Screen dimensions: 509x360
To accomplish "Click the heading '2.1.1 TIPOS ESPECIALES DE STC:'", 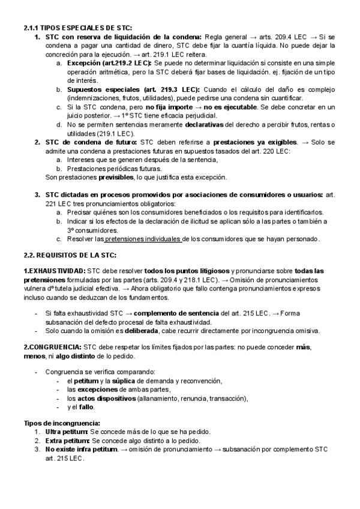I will tap(78, 28).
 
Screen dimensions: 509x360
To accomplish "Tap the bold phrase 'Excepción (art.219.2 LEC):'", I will tap(110, 62).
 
